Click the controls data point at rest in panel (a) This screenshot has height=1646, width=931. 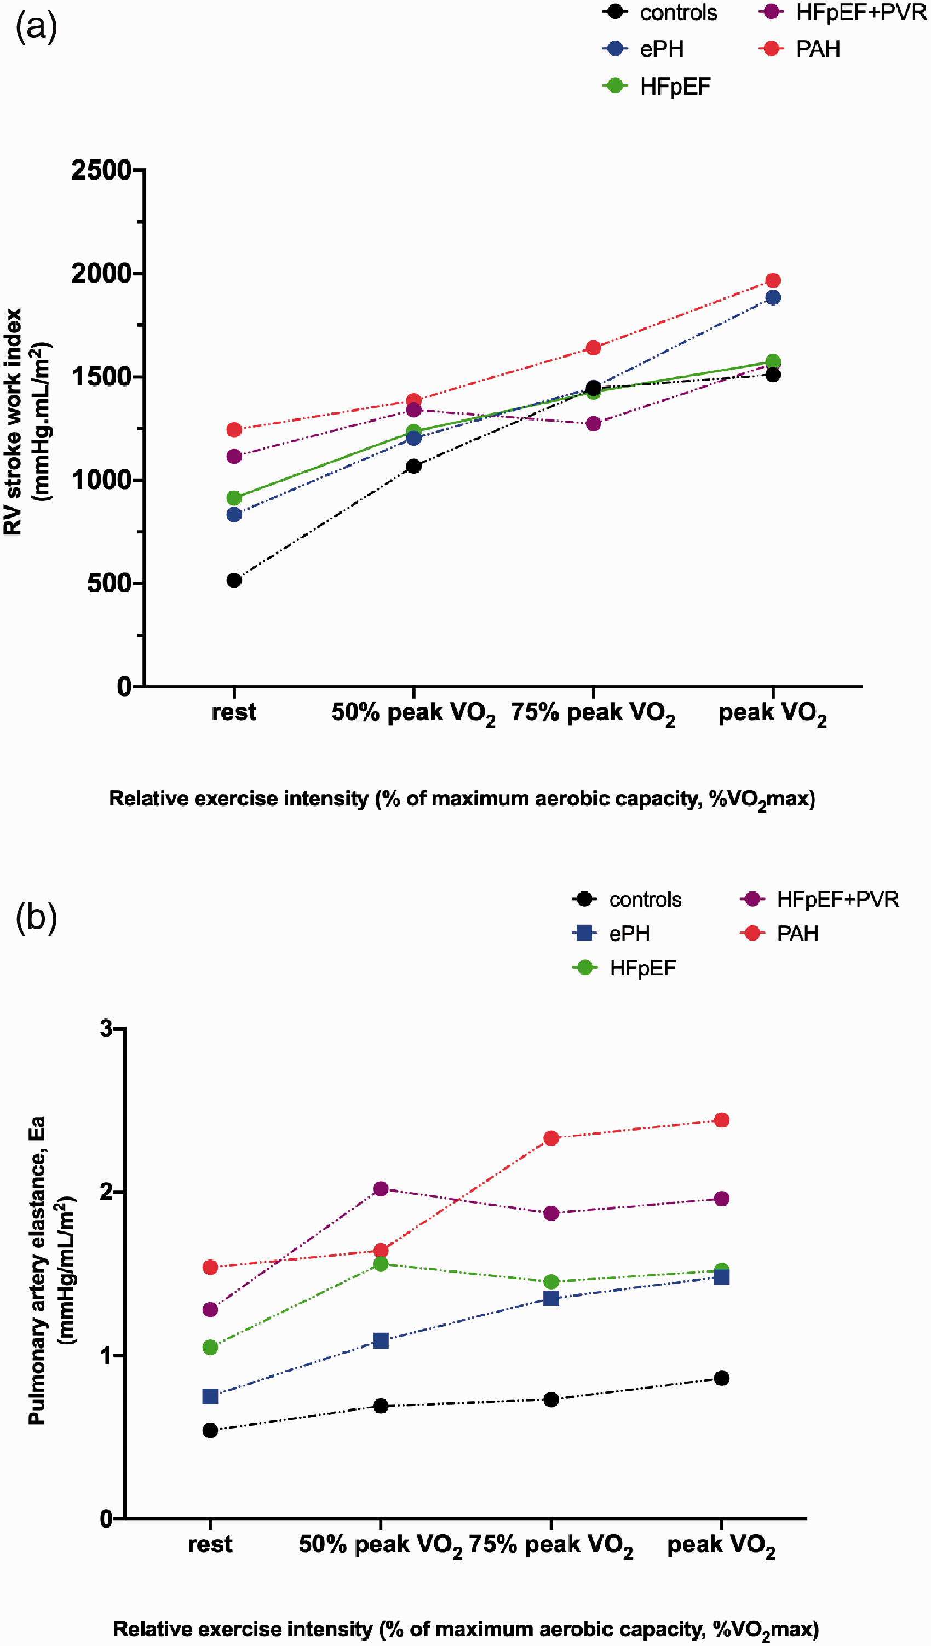[234, 580]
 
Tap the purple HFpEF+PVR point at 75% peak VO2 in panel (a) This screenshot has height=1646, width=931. [594, 424]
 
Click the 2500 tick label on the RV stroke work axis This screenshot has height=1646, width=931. [101, 171]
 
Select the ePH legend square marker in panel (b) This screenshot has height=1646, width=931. [584, 933]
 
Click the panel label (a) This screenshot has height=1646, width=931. [37, 27]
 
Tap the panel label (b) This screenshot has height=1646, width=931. [37, 917]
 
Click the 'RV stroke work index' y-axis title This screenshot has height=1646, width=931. [13, 422]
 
